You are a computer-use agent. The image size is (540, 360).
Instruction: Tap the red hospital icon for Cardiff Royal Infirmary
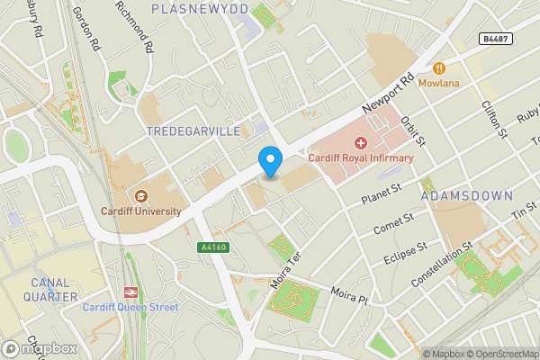tap(361, 142)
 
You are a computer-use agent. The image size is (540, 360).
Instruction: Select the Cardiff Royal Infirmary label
tap(361, 158)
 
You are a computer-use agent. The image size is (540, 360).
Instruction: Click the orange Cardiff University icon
tap(140, 195)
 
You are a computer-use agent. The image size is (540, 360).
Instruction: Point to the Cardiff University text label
tap(140, 211)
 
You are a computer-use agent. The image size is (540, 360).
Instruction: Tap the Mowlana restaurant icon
tap(440, 67)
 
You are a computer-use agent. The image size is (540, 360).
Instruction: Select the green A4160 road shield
tap(211, 247)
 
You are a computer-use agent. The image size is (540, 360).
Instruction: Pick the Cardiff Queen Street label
tap(131, 308)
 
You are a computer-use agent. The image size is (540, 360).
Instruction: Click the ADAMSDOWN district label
tap(466, 195)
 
